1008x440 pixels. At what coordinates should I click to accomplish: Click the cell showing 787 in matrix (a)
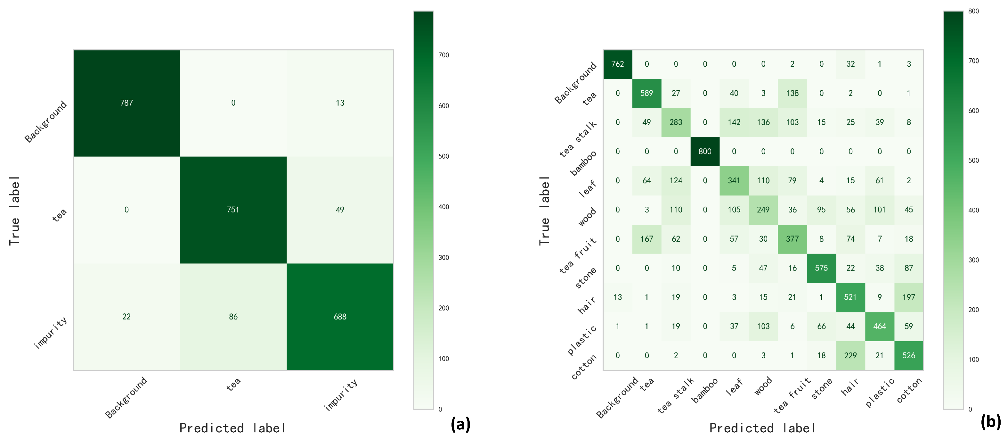pos(126,103)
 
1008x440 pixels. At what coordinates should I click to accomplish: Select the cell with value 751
pos(233,210)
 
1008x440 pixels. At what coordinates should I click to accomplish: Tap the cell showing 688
pos(340,317)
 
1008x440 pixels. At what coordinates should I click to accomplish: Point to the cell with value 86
pos(233,317)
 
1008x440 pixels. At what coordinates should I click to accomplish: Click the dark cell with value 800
pos(705,152)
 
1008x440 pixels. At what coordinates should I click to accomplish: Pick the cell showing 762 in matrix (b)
pos(617,64)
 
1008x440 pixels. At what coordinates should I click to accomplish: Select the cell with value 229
pos(850,355)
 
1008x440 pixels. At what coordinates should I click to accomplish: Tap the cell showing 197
pos(909,297)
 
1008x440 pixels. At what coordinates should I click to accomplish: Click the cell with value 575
pos(821,268)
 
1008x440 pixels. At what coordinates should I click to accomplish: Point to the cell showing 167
pos(646,239)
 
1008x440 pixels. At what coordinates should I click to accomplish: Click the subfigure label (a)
pos(460,424)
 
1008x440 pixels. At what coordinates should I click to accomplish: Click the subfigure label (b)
pos(990,422)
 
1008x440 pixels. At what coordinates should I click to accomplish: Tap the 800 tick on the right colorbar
pos(973,11)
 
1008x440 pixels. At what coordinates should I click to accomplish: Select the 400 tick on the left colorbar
pos(443,207)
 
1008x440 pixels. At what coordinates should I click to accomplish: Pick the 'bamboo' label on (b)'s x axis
pos(705,390)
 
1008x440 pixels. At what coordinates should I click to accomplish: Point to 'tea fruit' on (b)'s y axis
pos(578,255)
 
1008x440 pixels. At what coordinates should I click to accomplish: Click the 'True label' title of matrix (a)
pos(14,211)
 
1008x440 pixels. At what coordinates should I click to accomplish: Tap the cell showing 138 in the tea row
pos(792,93)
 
